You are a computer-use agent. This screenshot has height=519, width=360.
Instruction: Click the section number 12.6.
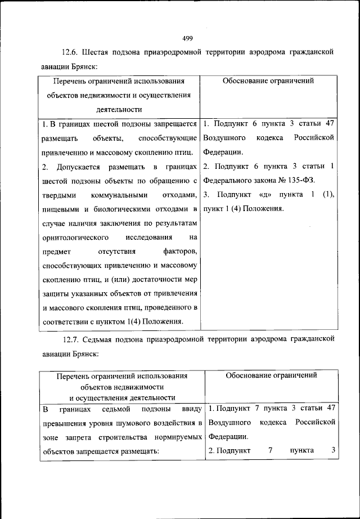[x=71, y=52]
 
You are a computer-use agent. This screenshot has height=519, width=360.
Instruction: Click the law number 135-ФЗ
[x=299, y=181]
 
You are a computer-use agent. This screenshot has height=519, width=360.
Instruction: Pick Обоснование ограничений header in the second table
[x=271, y=375]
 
